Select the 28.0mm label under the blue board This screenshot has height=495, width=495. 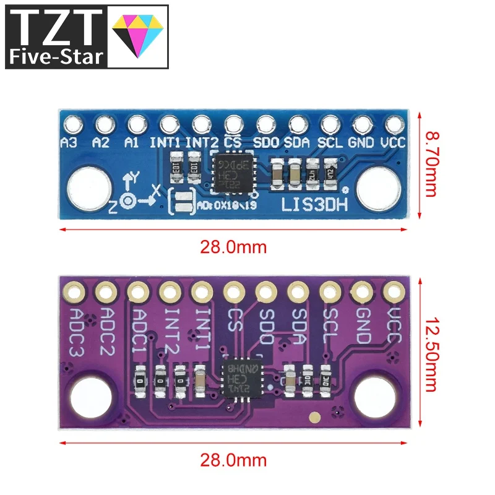[233, 247]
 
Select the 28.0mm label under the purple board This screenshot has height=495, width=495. [233, 460]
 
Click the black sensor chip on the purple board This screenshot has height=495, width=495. [242, 376]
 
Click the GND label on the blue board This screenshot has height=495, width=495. [360, 142]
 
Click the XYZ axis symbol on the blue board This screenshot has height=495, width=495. [132, 194]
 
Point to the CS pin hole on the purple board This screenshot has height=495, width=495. [233, 290]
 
